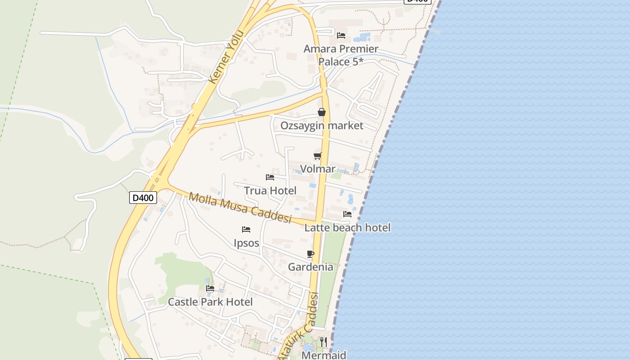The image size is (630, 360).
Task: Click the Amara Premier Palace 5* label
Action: coord(341,55)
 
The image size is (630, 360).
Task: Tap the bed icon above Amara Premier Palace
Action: coord(341,35)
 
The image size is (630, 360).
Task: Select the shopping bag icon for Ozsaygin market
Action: coord(322,112)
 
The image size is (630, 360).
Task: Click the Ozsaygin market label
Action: coord(322,126)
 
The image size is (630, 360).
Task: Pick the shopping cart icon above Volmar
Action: coord(318,156)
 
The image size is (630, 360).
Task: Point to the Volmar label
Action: coord(318,169)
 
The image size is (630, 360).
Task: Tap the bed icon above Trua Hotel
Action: coord(270,177)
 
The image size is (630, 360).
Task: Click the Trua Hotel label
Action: coord(270,191)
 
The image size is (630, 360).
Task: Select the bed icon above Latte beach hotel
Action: coord(347,214)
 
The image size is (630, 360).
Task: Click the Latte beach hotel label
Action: coord(347,228)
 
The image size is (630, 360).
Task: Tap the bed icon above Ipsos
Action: coord(246,229)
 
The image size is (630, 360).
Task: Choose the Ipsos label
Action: coord(247,243)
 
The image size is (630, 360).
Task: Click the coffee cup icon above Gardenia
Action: coord(310,254)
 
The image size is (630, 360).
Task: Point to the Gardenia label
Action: coord(310,267)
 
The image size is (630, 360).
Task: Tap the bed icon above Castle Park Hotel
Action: coord(210,288)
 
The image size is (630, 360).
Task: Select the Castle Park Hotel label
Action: coord(210,302)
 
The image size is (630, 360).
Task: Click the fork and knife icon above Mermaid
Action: coord(323,342)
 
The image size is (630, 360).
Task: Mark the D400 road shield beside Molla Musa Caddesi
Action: coord(143,198)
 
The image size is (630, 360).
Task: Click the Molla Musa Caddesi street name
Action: coord(240,208)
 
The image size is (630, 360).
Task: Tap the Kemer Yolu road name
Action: coord(226,57)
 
